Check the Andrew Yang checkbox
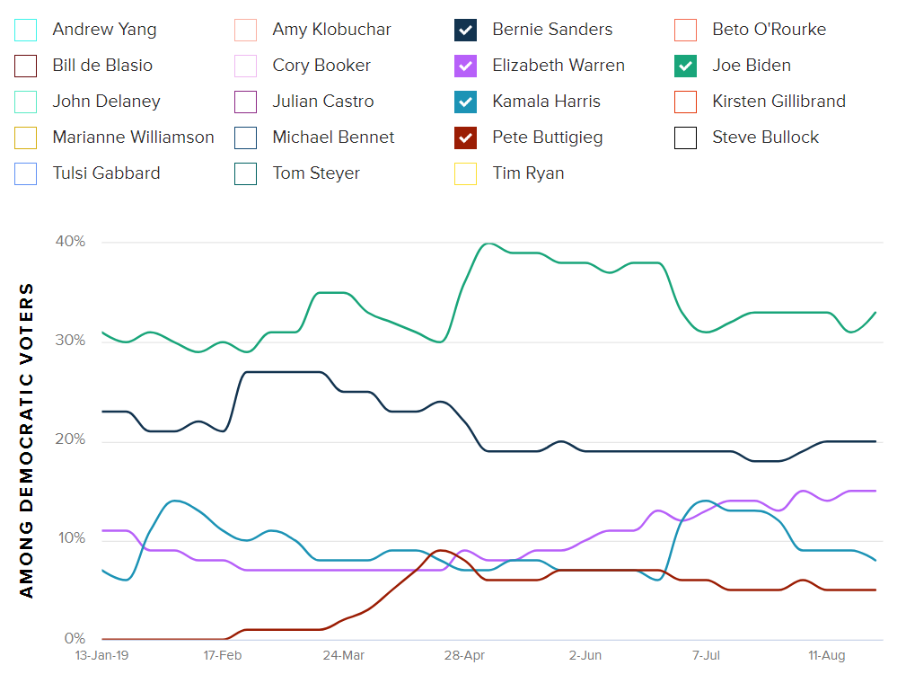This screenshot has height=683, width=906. click(x=26, y=30)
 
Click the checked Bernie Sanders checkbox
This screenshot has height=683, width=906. click(x=465, y=30)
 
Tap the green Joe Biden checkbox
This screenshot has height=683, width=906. click(x=685, y=66)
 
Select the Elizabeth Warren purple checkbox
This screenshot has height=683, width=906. click(x=465, y=66)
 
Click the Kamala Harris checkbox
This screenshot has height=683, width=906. click(x=465, y=102)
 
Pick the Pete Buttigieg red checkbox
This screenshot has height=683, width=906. click(x=465, y=137)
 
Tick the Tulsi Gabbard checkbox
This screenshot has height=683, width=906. click(x=26, y=173)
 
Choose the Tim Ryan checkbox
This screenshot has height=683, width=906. click(x=465, y=173)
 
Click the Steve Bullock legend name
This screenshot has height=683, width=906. click(x=765, y=137)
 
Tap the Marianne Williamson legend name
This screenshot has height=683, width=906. click(x=133, y=137)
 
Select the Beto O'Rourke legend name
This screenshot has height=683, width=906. click(x=769, y=30)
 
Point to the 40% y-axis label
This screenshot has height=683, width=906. click(x=69, y=242)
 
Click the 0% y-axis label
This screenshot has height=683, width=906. click(x=74, y=639)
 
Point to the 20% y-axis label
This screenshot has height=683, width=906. click(x=69, y=440)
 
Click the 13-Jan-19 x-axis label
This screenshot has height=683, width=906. click(x=101, y=656)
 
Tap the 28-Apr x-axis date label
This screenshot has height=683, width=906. click(x=464, y=656)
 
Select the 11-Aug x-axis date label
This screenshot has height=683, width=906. click(x=826, y=656)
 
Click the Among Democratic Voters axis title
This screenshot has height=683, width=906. click(x=27, y=440)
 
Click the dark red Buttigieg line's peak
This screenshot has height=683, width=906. click(x=440, y=550)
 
